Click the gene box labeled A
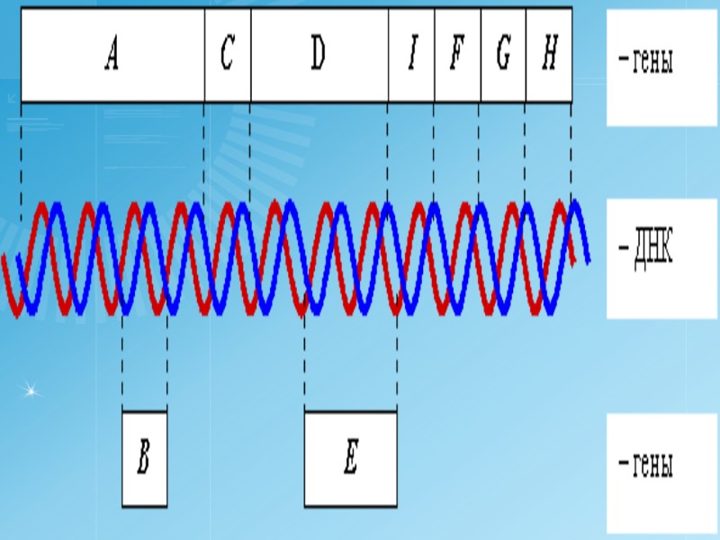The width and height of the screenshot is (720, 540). [x=112, y=55]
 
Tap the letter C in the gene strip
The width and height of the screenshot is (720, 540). [x=228, y=55]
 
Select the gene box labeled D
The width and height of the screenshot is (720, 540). [x=319, y=55]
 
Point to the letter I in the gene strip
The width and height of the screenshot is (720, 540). [x=411, y=55]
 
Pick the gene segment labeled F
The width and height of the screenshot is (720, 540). [x=457, y=55]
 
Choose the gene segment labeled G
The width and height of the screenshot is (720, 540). [x=503, y=55]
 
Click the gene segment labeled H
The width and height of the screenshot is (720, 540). [x=549, y=55]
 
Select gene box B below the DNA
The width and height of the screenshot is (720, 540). [x=144, y=459]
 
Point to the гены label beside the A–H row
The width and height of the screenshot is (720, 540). [x=646, y=62]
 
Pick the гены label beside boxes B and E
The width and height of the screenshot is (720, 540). [x=646, y=465]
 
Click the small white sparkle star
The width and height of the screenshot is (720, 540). [x=30, y=390]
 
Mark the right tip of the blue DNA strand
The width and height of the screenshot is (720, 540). [x=589, y=261]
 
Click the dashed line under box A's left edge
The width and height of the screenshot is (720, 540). [x=21, y=153]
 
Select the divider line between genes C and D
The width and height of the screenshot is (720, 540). [x=250, y=55]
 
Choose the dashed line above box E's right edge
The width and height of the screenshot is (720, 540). [x=396, y=360]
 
